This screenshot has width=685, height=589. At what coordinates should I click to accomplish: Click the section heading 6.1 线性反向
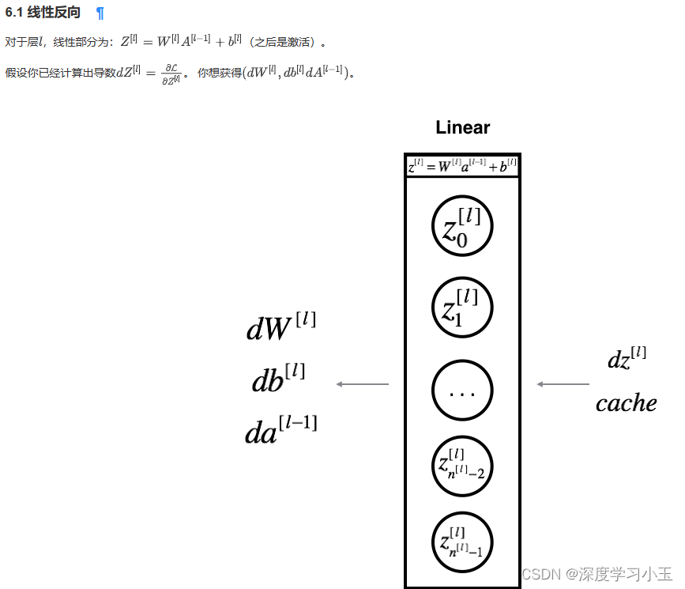43,13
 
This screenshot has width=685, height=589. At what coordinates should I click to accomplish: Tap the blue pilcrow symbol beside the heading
100,13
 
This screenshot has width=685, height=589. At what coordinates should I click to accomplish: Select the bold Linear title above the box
462,127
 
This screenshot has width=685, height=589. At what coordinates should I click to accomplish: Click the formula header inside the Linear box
462,166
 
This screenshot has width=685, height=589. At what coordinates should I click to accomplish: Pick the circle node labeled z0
462,227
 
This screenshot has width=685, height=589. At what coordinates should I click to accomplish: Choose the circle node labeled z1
462,306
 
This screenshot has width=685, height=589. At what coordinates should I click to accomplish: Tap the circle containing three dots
462,391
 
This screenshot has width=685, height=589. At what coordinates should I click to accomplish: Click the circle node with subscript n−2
462,466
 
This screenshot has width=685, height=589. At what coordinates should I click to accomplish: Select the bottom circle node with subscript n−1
462,543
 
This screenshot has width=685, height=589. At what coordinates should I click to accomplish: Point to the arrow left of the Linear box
363,384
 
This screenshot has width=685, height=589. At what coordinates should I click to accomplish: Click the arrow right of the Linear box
563,384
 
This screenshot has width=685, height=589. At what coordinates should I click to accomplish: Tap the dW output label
281,326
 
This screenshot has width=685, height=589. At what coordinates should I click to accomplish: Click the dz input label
627,358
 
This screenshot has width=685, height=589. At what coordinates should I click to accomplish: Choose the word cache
626,403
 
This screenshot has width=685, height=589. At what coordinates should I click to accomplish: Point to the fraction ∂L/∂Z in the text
172,74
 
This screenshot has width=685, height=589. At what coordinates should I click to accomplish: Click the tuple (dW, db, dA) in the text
294,73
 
